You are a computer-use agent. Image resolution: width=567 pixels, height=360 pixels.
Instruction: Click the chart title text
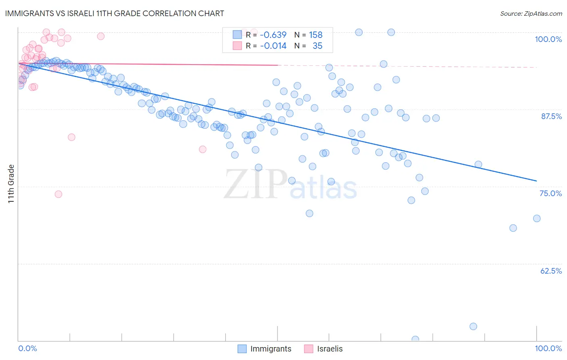(x=115, y=13)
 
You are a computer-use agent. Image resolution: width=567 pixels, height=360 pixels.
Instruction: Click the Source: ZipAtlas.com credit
(x=531, y=13)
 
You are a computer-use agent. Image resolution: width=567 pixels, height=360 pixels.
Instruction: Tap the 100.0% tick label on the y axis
(x=548, y=39)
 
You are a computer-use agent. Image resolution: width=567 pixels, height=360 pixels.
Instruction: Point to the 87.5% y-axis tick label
(x=551, y=116)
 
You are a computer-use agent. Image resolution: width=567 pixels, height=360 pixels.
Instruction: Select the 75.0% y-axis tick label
(x=550, y=193)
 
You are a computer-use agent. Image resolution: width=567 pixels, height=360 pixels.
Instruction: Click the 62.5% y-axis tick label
(x=550, y=271)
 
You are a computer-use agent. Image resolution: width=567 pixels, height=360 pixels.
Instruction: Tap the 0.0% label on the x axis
(x=27, y=348)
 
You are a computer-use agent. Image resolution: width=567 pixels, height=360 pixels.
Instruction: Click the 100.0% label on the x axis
(x=548, y=348)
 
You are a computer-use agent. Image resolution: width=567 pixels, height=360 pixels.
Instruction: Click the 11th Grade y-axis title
(x=11, y=184)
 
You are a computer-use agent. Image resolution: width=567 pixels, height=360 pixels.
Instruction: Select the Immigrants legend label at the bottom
(x=271, y=349)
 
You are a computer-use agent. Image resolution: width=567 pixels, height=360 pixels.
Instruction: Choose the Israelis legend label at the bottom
(x=329, y=349)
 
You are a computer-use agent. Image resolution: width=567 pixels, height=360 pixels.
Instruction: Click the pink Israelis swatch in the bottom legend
(x=309, y=349)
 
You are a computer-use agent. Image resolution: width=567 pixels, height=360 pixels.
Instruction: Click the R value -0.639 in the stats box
(x=273, y=35)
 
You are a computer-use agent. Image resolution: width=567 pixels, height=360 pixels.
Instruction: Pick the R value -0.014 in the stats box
(x=273, y=46)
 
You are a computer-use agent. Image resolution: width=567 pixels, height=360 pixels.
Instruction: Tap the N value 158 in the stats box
(x=315, y=35)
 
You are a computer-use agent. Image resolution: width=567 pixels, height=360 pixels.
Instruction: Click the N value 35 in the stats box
(x=317, y=46)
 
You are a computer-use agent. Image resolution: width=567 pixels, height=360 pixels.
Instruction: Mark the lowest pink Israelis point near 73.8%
(x=58, y=194)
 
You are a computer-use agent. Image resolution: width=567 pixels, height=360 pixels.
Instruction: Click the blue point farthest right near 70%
(x=537, y=218)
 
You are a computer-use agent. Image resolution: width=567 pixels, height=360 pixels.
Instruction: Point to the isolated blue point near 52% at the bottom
(x=473, y=327)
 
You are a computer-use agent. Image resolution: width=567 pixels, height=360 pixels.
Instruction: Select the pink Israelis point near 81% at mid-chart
(x=203, y=149)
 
